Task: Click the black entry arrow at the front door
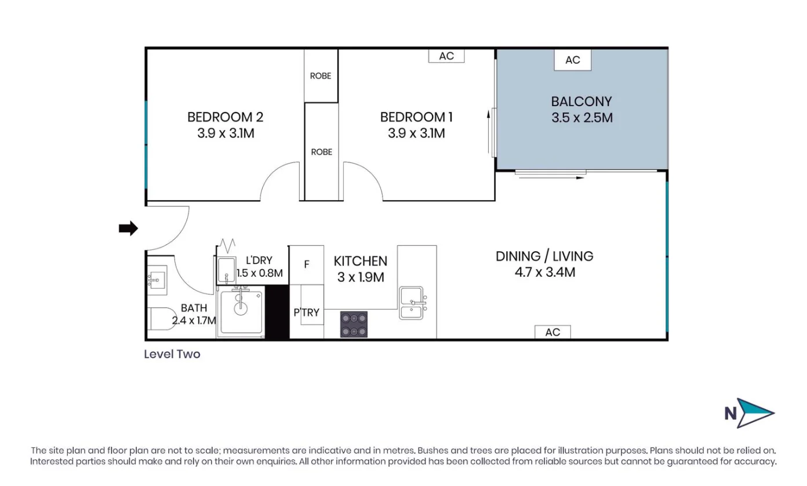pyautogui.click(x=128, y=229)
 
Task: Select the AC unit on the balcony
pyautogui.click(x=572, y=60)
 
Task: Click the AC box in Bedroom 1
pyautogui.click(x=446, y=56)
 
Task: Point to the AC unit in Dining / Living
pyautogui.click(x=552, y=332)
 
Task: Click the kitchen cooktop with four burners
pyautogui.click(x=354, y=324)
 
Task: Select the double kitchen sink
pyautogui.click(x=413, y=303)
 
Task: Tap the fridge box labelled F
pyautogui.click(x=307, y=264)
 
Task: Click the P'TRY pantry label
pyautogui.click(x=306, y=313)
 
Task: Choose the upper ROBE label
pyautogui.click(x=321, y=76)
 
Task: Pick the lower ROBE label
pyautogui.click(x=322, y=152)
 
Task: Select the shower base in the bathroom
pyautogui.click(x=241, y=311)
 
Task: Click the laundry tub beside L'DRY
pyautogui.click(x=226, y=270)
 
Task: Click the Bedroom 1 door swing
pyautogui.click(x=362, y=183)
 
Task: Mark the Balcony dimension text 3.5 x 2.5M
pyautogui.click(x=582, y=118)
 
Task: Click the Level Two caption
pyautogui.click(x=172, y=354)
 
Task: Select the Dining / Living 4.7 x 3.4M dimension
pyautogui.click(x=544, y=271)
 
